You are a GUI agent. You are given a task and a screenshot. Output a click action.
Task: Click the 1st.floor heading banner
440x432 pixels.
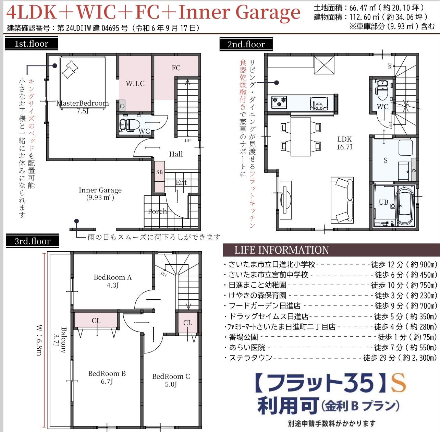[x=31, y=43]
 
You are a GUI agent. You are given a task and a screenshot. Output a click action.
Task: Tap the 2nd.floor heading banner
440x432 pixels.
[x=246, y=44]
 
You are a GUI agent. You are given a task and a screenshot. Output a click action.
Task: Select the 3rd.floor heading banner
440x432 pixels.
[x=32, y=241]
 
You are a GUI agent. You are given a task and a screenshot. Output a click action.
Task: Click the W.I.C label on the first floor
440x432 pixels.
[x=135, y=83]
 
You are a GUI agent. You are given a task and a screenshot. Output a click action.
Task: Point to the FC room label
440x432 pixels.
[x=176, y=68]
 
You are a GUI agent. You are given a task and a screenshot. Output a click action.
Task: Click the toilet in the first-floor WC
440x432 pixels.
[x=130, y=125]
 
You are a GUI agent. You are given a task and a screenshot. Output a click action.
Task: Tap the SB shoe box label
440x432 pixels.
[x=159, y=172]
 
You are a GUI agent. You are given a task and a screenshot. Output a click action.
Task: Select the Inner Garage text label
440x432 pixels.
[x=100, y=193]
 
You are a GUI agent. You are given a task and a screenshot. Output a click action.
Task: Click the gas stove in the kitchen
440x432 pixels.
[x=279, y=102]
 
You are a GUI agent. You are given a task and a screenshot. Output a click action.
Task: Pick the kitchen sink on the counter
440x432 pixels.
[x=319, y=104]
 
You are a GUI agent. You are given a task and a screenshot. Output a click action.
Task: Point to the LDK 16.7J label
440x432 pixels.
[x=344, y=143]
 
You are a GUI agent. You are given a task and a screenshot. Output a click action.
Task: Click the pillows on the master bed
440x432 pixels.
[x=70, y=69]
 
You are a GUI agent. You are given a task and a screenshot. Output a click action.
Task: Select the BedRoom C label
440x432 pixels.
[x=171, y=380]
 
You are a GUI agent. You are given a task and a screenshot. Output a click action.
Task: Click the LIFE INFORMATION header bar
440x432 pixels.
[x=331, y=250]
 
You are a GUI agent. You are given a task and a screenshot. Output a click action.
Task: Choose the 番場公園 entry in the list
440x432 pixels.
[x=243, y=337]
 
